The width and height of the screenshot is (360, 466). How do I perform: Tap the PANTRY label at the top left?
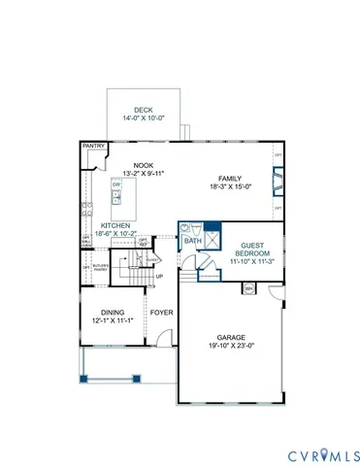point(93,147)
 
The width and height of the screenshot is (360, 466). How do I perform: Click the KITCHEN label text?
point(115,224)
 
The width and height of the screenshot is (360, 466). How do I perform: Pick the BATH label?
point(193,240)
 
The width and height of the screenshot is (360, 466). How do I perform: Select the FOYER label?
point(161,313)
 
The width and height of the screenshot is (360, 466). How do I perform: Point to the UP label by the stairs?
point(159,277)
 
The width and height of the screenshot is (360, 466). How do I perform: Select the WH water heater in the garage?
point(248,288)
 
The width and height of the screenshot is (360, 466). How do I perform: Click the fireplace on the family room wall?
point(278,182)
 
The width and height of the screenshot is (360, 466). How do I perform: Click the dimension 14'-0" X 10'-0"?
point(143,118)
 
